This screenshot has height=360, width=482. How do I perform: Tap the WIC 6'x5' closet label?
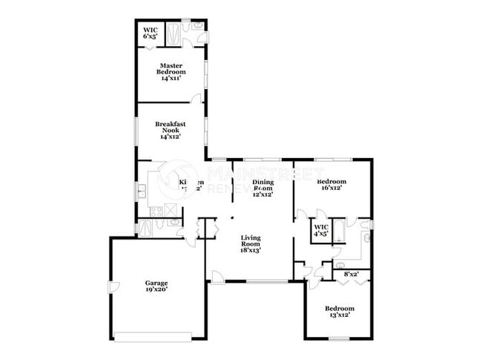click(x=150, y=33)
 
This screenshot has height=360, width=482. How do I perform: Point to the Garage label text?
click(x=156, y=286)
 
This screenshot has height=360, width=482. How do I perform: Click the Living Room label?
click(x=251, y=244)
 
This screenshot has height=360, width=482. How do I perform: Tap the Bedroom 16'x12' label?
click(x=331, y=185)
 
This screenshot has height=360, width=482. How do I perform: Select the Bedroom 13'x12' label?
click(x=340, y=311)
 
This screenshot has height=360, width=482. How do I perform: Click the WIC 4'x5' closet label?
click(x=321, y=230)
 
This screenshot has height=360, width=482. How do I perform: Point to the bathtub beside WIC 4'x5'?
click(x=337, y=231)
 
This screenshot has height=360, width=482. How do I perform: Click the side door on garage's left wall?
click(x=113, y=287)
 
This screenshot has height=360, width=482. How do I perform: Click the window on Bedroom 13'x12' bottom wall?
click(x=339, y=338)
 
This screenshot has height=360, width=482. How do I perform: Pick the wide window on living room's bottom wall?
click(x=268, y=281)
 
